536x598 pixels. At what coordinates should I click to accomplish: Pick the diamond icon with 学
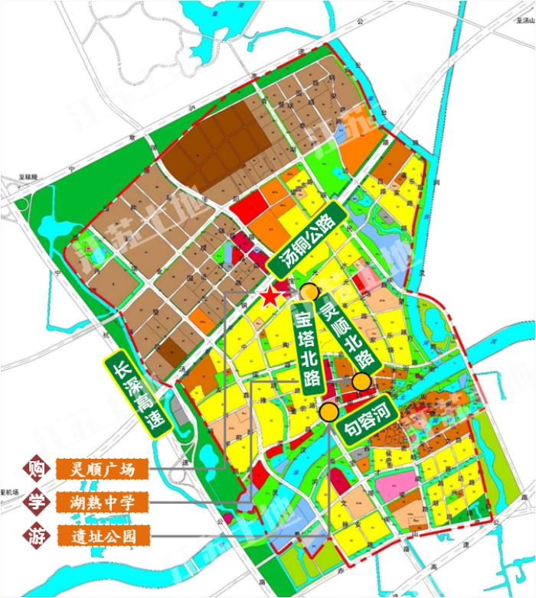pyautogui.click(x=33, y=502)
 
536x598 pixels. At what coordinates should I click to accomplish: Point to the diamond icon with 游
pyautogui.click(x=33, y=535)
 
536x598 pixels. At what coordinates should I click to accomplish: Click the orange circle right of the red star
pyautogui.click(x=309, y=291)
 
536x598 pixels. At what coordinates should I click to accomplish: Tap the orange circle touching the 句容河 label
pyautogui.click(x=329, y=412)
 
